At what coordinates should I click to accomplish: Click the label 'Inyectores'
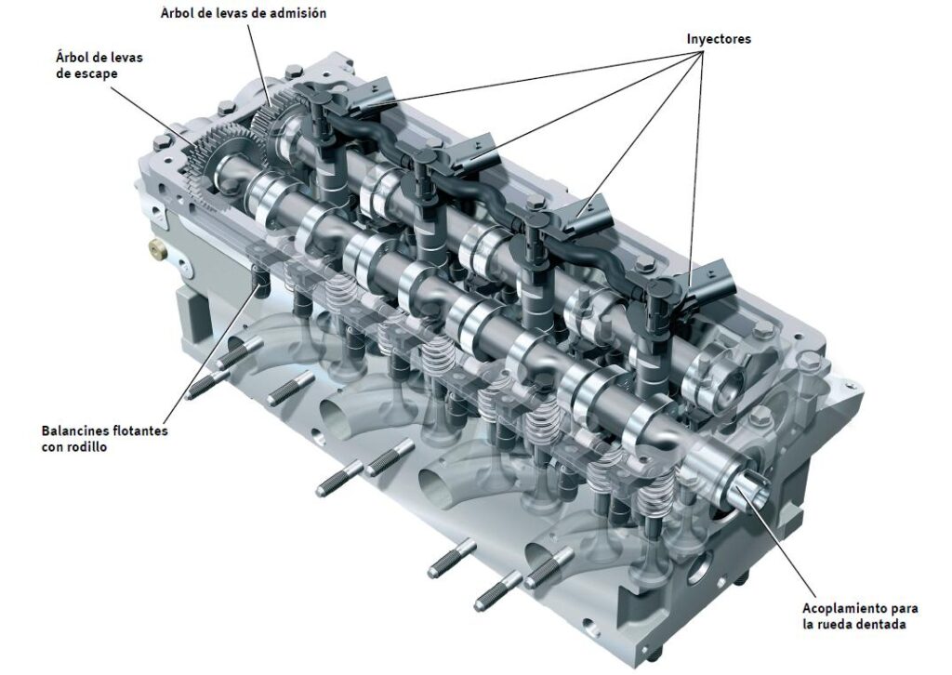(719, 39)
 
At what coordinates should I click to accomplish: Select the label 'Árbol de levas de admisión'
(244, 13)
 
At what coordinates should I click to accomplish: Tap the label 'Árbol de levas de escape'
(99, 66)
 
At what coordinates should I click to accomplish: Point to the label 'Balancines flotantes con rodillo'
(104, 439)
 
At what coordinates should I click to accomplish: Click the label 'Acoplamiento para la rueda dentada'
(860, 616)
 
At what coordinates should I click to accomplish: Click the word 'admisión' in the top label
(297, 13)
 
